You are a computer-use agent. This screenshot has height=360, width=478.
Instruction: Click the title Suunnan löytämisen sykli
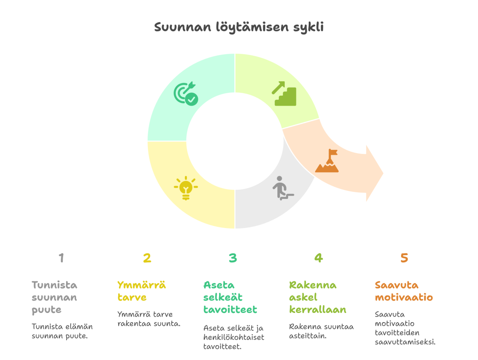(239, 27)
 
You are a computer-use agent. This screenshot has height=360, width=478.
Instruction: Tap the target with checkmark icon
(186, 93)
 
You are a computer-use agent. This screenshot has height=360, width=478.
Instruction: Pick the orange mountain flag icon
(327, 161)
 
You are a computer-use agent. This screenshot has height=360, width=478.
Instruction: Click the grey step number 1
(61, 258)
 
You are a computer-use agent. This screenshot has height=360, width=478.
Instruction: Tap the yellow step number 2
(147, 258)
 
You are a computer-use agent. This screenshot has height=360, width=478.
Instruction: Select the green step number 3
(233, 258)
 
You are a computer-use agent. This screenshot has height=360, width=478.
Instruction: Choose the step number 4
(318, 258)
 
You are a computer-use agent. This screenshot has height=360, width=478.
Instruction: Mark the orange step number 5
(404, 258)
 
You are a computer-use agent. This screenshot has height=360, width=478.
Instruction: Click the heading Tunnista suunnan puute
(55, 297)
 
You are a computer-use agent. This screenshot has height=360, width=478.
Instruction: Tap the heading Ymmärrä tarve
(141, 291)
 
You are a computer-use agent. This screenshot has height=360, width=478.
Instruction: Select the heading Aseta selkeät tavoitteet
(230, 297)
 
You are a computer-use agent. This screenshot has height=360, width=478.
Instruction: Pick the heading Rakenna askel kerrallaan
(317, 297)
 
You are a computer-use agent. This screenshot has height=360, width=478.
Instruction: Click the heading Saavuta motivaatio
(404, 291)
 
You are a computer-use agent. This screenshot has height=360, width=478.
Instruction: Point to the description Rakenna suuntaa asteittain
(321, 331)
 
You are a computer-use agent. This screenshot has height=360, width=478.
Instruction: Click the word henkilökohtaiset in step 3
(233, 337)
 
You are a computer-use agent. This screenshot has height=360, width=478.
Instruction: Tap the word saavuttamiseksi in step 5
(405, 341)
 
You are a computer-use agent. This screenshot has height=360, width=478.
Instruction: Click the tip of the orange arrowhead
(383, 173)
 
